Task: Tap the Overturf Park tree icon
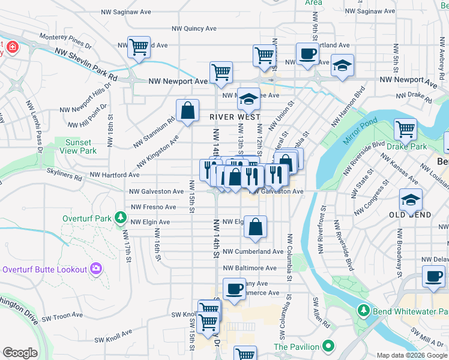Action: point(121,216)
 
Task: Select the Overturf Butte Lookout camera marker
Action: point(95,269)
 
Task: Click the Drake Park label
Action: point(406,146)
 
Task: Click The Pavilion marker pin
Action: point(328,346)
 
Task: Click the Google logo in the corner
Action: point(20,353)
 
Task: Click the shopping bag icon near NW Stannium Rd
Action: point(187,110)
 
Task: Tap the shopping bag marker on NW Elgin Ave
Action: point(255,227)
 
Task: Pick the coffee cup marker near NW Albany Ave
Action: point(234,289)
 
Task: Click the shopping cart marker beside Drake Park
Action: point(405,128)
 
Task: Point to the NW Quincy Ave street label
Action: point(194,28)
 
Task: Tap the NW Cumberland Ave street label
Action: point(253,252)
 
